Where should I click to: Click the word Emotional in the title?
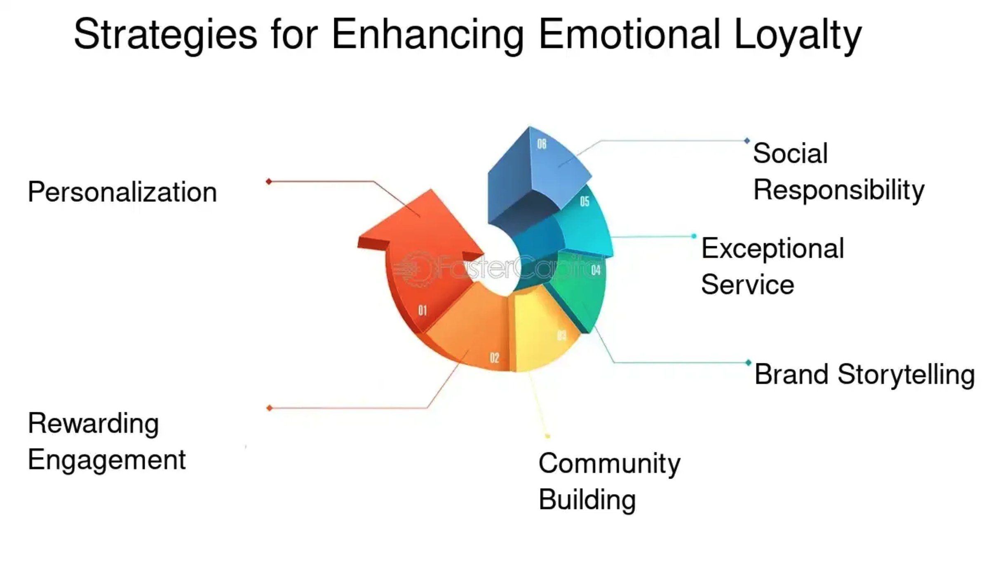[x=629, y=35]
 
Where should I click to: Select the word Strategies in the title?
[x=165, y=35]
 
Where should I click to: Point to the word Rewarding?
[x=94, y=423]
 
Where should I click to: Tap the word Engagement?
[x=107, y=460]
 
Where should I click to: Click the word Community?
[x=609, y=464]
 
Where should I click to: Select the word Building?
[x=587, y=500]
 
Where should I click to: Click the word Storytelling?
[x=906, y=375]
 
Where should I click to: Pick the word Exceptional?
[x=772, y=248]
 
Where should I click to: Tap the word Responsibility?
[x=838, y=190]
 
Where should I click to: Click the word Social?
[x=790, y=153]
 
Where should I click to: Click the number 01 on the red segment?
[x=423, y=310]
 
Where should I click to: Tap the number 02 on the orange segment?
[x=495, y=358]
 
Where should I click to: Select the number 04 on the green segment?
[x=596, y=270]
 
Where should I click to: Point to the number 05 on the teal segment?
[x=585, y=201]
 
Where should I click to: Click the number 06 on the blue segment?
[x=542, y=144]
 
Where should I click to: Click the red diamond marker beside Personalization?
[x=269, y=181]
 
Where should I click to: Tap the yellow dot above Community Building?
[x=547, y=436]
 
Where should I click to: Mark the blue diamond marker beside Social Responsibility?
[x=747, y=141]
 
